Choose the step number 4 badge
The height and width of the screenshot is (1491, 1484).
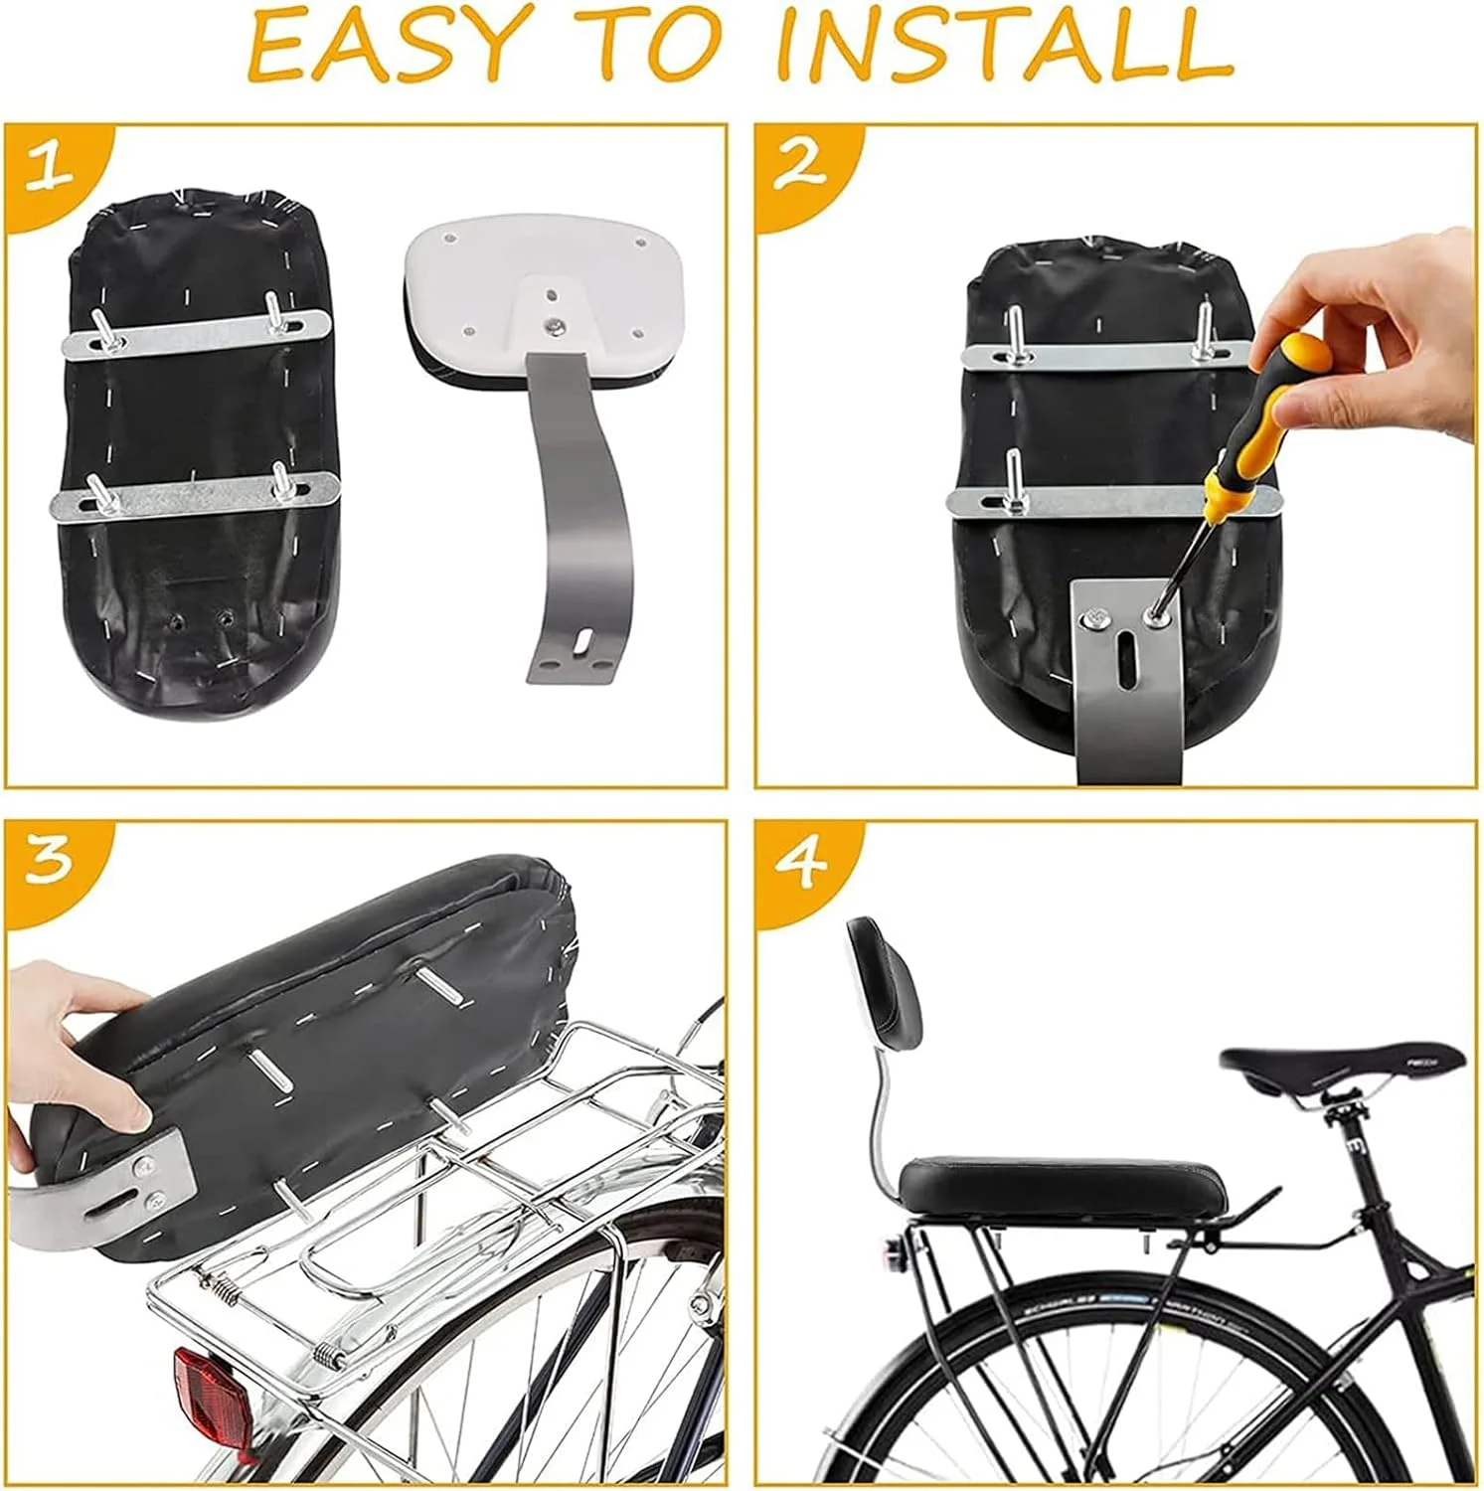801,863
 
